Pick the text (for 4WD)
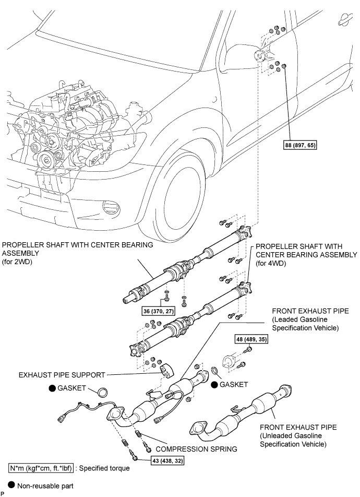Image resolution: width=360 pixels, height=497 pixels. point(270,265)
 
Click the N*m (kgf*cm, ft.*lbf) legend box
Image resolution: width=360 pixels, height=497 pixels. point(40,468)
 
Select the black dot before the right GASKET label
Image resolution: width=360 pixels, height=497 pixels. point(214,384)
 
